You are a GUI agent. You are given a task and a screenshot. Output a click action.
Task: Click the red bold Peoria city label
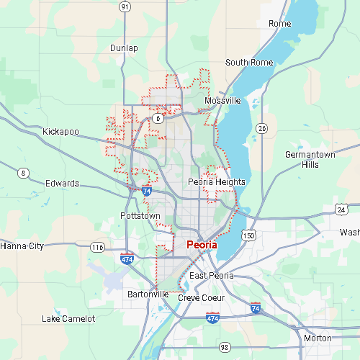pos(202,245)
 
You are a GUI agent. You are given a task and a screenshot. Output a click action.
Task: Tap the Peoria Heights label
pos(216,182)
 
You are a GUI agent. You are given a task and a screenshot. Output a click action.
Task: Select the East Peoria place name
pos(212,276)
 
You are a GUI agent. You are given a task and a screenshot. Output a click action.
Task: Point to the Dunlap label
pos(124,48)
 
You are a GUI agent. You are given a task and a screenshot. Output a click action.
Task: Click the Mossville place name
pos(222,101)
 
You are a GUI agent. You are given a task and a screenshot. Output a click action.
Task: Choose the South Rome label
pos(249,63)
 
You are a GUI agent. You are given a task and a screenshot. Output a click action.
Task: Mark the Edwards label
pos(63,184)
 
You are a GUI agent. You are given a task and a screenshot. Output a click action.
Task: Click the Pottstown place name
pos(140,215)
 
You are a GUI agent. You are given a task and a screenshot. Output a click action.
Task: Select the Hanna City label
pos(22,246)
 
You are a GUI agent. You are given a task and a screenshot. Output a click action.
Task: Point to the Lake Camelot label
pos(68,318)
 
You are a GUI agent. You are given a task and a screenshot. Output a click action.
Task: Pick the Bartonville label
pos(148,294)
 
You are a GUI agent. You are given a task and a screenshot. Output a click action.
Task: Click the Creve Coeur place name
pos(202,297)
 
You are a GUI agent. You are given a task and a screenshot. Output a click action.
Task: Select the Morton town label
pos(318,338)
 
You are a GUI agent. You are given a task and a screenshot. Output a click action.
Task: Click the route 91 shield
pos(125,6)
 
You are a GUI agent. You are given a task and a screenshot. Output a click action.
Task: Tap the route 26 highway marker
pos(263,128)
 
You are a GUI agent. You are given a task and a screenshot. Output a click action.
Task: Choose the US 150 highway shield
pos(249,235)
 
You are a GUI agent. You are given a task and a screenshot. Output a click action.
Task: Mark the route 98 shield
pos(224,346)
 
